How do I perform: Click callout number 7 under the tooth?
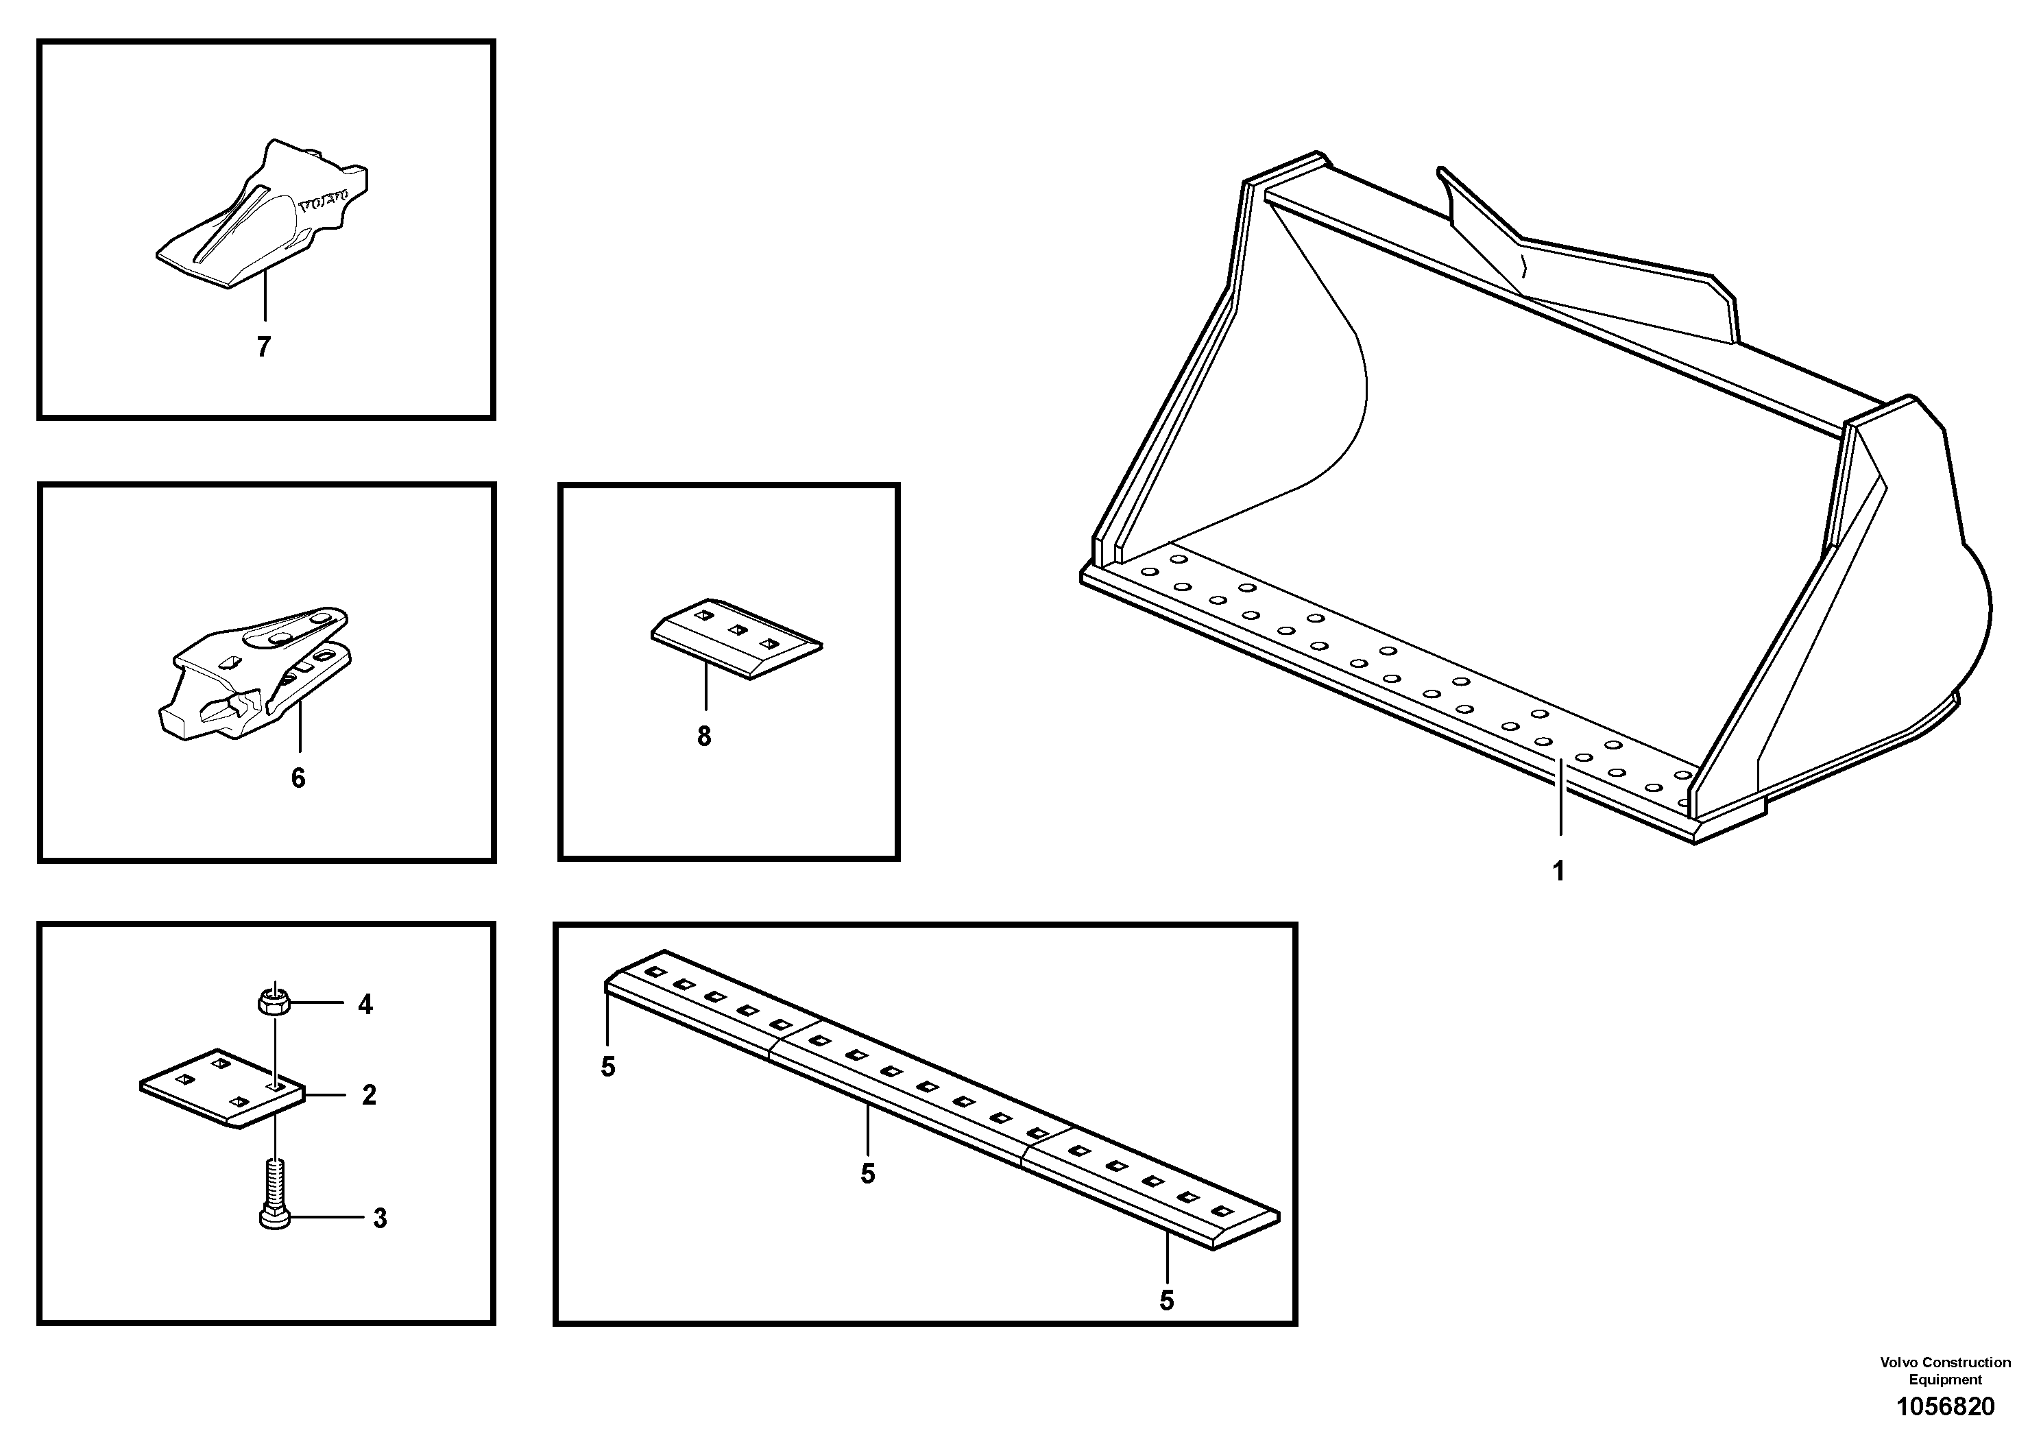(x=263, y=348)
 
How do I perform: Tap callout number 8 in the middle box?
(x=704, y=736)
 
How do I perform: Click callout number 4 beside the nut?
(x=365, y=1005)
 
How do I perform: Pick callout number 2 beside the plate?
(x=369, y=1094)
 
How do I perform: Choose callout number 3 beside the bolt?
(x=380, y=1218)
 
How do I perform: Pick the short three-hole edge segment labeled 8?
(x=736, y=638)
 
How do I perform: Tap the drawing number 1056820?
(x=1945, y=1407)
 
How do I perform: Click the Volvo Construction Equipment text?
(x=1945, y=1370)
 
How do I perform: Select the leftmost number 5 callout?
(x=608, y=1067)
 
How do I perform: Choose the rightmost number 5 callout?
(x=1167, y=1301)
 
